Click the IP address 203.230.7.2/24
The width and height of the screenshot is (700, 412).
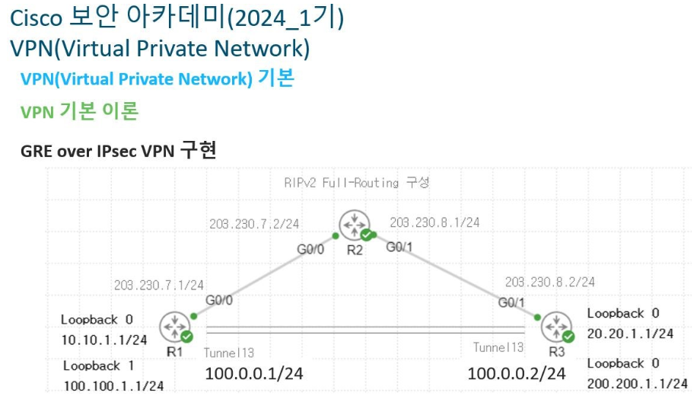click(254, 225)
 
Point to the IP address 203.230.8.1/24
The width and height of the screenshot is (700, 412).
click(434, 223)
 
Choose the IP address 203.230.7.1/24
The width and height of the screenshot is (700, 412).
click(159, 285)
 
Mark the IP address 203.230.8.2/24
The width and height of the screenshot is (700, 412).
click(550, 281)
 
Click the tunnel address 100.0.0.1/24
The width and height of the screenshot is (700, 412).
click(253, 374)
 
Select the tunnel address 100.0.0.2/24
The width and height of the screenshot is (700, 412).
click(517, 373)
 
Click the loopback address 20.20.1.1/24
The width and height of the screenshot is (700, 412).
click(630, 333)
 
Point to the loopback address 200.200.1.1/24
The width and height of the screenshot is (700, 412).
click(638, 384)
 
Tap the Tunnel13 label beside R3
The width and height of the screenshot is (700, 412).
click(498, 347)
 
